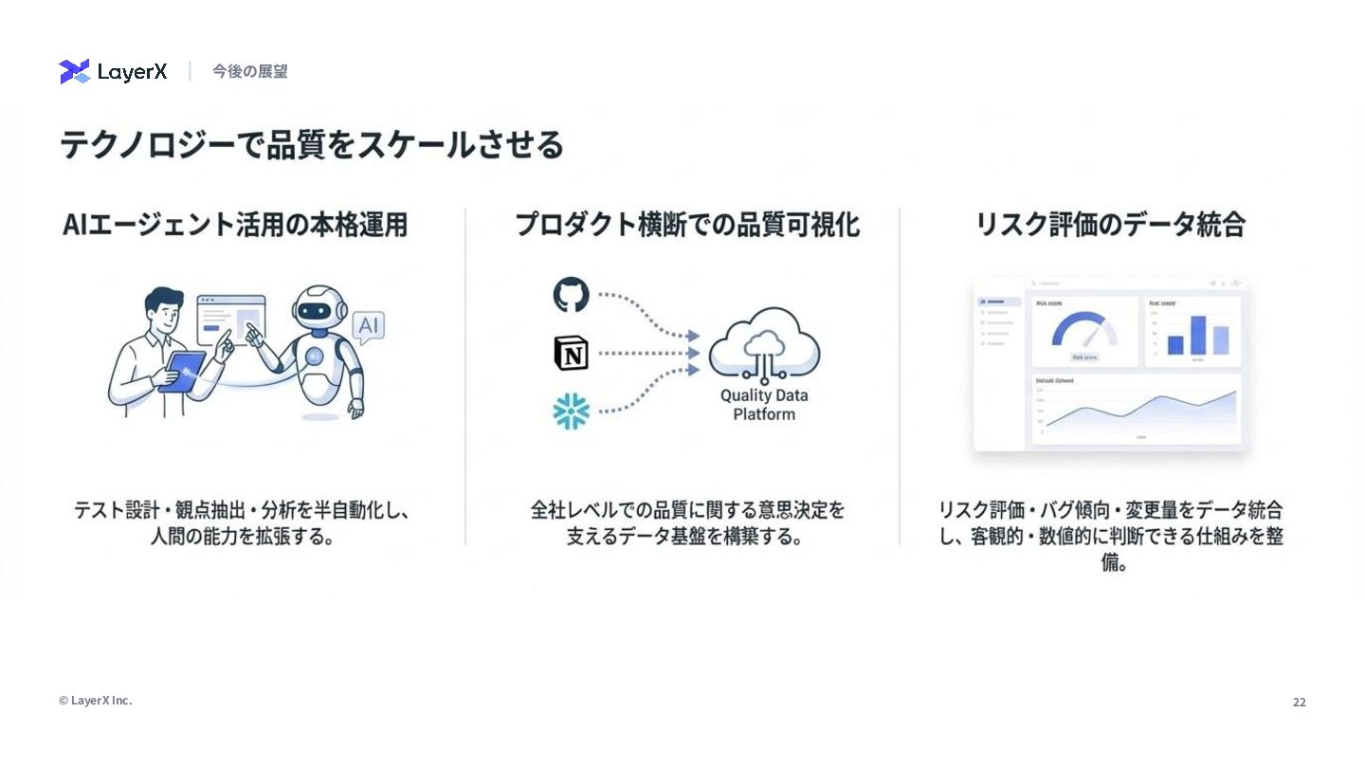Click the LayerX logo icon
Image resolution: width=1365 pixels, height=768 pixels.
pyautogui.click(x=75, y=71)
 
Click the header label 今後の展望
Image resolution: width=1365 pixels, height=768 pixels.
pyautogui.click(x=249, y=71)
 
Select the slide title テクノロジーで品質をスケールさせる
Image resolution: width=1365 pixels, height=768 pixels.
pyautogui.click(x=312, y=145)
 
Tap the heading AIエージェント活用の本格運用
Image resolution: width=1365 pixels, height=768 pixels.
pyautogui.click(x=235, y=225)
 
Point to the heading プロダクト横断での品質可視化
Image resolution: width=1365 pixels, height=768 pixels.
pyautogui.click(x=687, y=225)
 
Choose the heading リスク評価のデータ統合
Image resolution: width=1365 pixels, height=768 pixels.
pyautogui.click(x=1110, y=225)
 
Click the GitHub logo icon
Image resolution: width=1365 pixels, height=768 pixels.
pyautogui.click(x=571, y=295)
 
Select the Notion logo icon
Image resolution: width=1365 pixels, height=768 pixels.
pyautogui.click(x=571, y=353)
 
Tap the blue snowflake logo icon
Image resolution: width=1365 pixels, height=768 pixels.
pyautogui.click(x=571, y=411)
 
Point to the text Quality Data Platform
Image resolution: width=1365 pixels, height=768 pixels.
pyautogui.click(x=764, y=405)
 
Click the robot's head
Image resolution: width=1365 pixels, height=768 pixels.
pyautogui.click(x=316, y=309)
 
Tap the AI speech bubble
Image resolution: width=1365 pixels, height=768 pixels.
pyautogui.click(x=368, y=327)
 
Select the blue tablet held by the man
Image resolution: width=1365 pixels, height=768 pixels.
pyautogui.click(x=182, y=371)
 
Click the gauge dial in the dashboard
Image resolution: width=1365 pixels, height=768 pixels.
pyautogui.click(x=1084, y=331)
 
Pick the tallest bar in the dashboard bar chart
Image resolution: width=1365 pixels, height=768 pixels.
pyautogui.click(x=1197, y=335)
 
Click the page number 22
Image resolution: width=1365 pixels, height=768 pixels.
pyautogui.click(x=1299, y=703)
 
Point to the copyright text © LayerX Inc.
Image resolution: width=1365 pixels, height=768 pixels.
pyautogui.click(x=95, y=701)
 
